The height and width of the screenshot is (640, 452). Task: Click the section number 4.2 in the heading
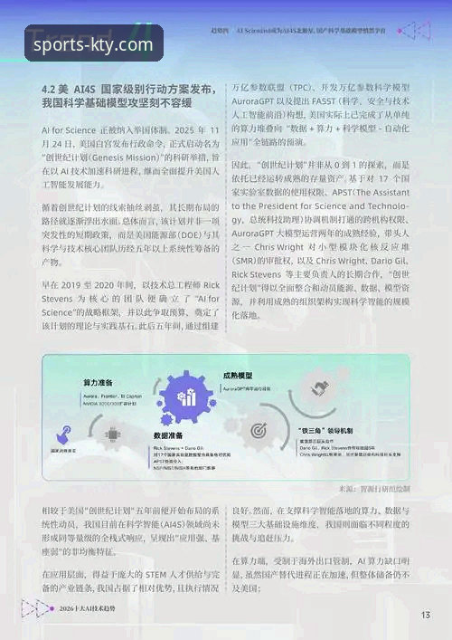52,91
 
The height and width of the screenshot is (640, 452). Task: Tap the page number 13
425,616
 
